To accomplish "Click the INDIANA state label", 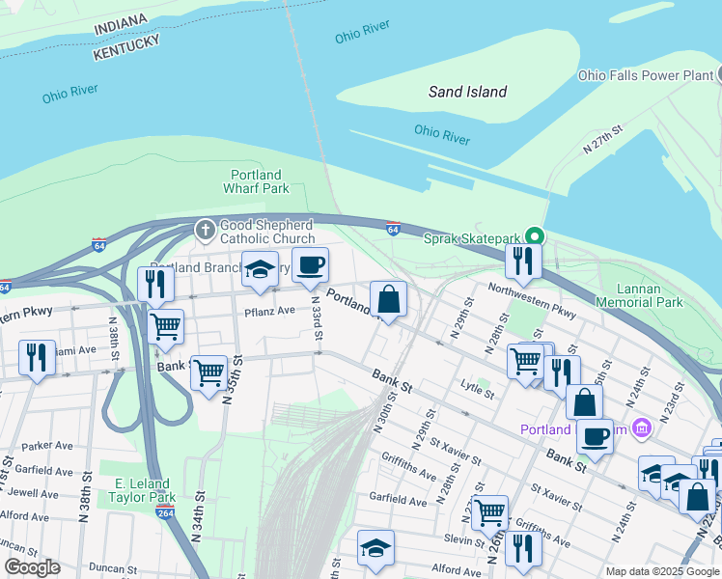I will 121,24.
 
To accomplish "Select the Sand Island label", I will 467,93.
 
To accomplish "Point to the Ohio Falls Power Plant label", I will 645,74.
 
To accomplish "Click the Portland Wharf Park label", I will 256,181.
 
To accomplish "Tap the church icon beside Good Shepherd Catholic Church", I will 205,230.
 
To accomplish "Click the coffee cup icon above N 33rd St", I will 310,266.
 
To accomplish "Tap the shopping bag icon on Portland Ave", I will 388,300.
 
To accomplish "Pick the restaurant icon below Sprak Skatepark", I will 523,261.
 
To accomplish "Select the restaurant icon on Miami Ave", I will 37,358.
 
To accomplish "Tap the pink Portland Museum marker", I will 640,428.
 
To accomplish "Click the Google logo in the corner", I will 32,567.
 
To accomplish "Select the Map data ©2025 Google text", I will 661,571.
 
